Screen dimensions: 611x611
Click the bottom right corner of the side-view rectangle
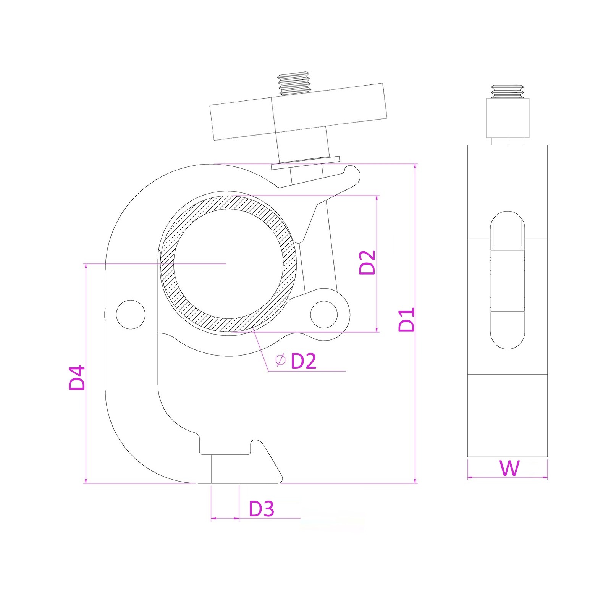point(547,457)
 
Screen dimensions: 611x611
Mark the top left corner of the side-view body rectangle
point(468,145)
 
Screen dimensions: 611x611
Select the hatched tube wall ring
point(228,263)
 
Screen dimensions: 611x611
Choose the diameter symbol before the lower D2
point(281,360)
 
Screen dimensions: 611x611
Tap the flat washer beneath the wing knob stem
point(305,163)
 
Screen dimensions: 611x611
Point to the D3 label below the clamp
point(262,509)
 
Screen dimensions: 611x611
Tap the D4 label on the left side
point(76,377)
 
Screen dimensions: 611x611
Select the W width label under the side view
point(509,468)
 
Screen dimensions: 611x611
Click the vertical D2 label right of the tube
point(367,262)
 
